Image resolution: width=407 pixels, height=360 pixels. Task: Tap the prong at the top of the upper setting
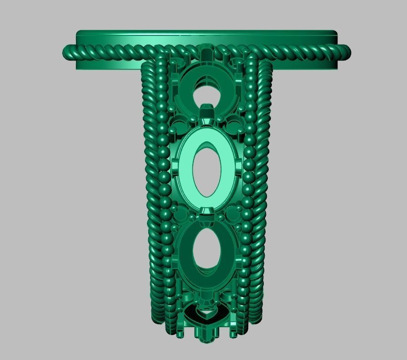[206, 49]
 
